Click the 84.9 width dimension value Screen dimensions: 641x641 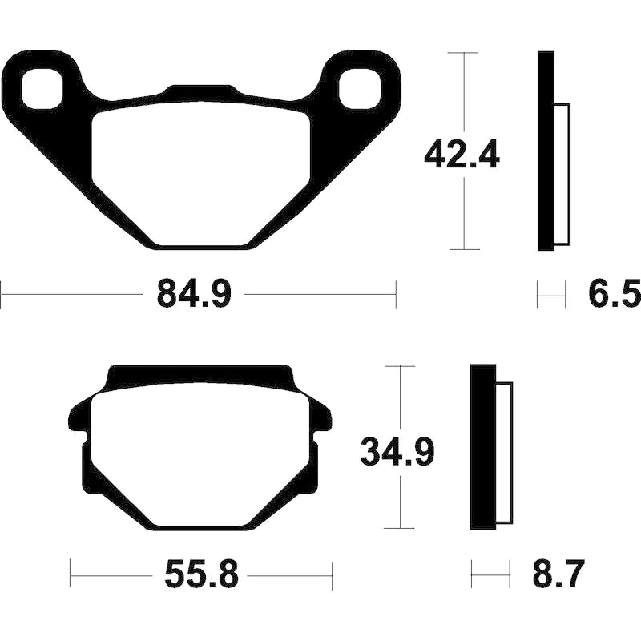[194, 293]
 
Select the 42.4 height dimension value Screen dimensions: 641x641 [462, 154]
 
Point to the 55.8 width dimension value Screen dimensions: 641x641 [201, 575]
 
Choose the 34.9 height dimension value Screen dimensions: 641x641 [397, 452]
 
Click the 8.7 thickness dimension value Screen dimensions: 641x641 [557, 575]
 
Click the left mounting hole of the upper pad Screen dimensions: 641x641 [42, 89]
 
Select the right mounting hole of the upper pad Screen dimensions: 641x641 [360, 89]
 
